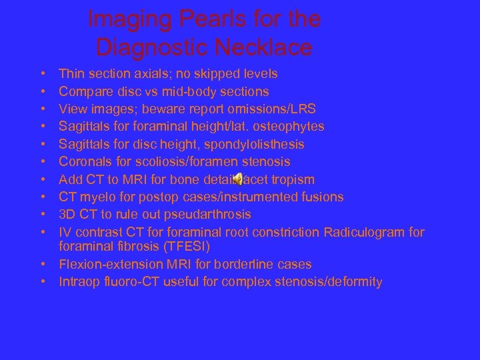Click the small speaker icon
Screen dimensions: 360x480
[x=237, y=179]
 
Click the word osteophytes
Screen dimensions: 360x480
[x=291, y=127]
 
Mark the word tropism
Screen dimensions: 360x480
[x=291, y=179]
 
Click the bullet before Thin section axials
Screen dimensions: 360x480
[x=42, y=74]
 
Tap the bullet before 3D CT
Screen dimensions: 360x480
[x=42, y=215]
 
